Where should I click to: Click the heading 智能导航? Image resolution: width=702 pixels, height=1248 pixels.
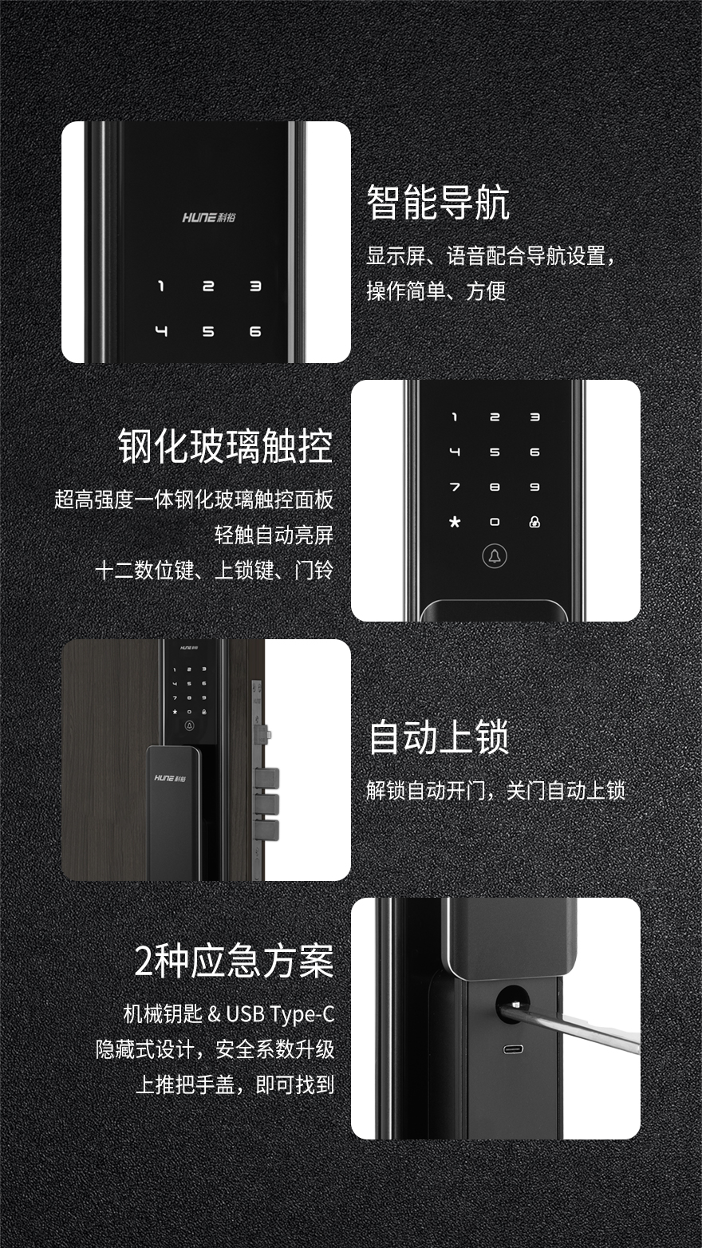click(x=438, y=203)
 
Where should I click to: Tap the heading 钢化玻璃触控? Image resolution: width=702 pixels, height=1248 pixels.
click(x=226, y=446)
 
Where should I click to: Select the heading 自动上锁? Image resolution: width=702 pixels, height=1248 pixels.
click(x=439, y=737)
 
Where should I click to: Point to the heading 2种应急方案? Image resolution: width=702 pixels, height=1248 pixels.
click(x=234, y=961)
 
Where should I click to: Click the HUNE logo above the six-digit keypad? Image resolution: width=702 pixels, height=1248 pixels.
click(x=209, y=217)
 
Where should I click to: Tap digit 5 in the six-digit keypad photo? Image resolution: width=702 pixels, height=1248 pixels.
click(x=208, y=331)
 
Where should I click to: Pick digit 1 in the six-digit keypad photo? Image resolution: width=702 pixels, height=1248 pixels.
click(x=161, y=286)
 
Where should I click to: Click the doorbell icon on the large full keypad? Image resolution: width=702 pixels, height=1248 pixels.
click(x=494, y=556)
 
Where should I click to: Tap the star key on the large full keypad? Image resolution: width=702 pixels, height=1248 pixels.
click(x=456, y=522)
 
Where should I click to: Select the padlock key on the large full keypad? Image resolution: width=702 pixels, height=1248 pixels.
click(x=534, y=522)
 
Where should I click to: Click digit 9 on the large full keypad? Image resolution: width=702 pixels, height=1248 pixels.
click(x=534, y=487)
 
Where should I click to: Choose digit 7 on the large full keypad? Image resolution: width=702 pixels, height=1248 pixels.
click(x=455, y=487)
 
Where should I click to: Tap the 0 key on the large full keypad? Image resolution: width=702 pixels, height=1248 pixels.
click(x=494, y=522)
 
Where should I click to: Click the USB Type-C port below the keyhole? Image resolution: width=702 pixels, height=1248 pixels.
click(x=513, y=1049)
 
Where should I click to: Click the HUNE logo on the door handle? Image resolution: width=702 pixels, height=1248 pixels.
click(x=171, y=778)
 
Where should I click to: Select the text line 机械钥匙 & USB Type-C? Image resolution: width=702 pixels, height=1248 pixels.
click(x=228, y=1013)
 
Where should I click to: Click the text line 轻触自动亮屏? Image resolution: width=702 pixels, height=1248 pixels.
click(x=274, y=535)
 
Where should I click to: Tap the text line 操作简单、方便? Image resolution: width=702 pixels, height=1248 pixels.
click(x=436, y=290)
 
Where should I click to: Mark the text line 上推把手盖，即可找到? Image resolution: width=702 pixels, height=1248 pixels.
click(x=235, y=1084)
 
